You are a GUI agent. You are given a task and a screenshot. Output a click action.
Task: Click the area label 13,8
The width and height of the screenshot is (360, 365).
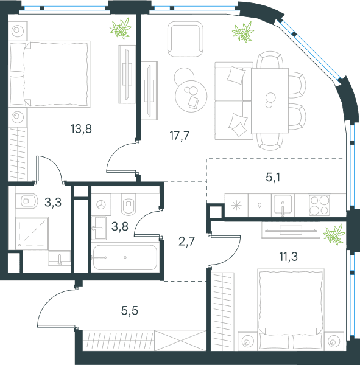click(x=81, y=129)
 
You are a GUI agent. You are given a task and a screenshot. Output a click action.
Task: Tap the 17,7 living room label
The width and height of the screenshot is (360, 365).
click(x=180, y=136)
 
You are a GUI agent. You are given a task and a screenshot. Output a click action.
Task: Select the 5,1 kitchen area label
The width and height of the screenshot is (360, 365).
click(x=273, y=178)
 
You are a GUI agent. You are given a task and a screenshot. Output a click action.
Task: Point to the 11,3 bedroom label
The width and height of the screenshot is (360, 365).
click(x=289, y=257)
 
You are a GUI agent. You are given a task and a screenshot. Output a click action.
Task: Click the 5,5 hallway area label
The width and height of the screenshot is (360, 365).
click(x=130, y=310)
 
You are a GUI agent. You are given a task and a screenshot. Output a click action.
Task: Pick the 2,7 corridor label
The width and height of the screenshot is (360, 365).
click(x=186, y=241)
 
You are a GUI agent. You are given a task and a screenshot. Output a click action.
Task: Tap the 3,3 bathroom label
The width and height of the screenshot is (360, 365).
click(x=53, y=203)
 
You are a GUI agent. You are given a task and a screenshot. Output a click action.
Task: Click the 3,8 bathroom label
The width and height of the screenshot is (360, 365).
click(x=120, y=226)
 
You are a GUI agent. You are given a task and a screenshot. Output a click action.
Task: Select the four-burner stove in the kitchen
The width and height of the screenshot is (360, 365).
click(x=319, y=206)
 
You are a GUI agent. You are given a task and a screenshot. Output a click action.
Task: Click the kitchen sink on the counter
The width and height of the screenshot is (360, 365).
click(x=283, y=204)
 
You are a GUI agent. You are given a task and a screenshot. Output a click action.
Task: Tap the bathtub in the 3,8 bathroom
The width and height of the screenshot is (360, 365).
click(x=125, y=257)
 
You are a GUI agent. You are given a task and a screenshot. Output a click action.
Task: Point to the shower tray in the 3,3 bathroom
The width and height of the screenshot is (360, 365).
click(x=32, y=234)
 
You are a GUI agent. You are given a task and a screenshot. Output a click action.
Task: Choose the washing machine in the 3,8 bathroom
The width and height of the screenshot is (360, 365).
click(x=101, y=204)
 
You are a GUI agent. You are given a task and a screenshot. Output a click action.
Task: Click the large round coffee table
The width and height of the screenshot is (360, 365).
click(x=191, y=96)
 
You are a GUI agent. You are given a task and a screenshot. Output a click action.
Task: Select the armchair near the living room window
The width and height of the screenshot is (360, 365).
click(x=185, y=39)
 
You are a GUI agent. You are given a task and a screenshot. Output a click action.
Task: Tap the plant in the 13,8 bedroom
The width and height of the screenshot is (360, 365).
click(x=121, y=28)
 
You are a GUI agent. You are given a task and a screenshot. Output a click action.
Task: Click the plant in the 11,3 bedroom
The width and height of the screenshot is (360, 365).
click(x=334, y=234)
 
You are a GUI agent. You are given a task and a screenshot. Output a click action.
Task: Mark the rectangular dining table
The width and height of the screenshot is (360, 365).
click(x=270, y=100)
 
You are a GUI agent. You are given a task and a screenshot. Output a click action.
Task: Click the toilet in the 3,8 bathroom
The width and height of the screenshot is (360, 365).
click(x=129, y=204)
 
